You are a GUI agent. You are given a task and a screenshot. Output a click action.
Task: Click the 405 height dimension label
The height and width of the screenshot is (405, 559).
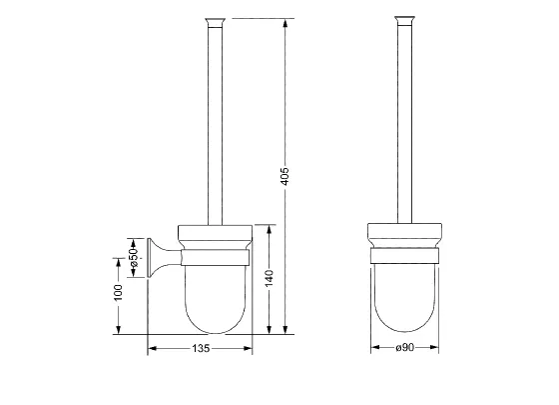point(284,176)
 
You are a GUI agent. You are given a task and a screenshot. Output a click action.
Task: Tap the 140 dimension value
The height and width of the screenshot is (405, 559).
point(270,278)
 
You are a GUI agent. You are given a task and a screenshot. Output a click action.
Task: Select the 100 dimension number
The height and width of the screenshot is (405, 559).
point(118,292)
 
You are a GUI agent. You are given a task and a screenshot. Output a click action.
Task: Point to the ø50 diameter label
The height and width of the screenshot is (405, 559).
point(134,258)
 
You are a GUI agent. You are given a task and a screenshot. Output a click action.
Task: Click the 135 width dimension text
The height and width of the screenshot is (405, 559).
point(201,348)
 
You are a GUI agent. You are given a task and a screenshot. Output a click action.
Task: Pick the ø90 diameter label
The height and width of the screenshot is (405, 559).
point(404,347)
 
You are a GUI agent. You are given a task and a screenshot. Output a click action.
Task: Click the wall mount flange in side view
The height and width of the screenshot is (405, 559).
point(154,258)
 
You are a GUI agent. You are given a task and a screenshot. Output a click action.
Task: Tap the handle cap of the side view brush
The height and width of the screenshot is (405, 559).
point(215,22)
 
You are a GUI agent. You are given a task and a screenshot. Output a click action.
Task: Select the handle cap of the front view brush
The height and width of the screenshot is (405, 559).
point(404,21)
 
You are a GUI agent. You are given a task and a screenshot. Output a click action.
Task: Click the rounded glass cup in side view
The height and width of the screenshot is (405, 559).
point(216,300)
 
